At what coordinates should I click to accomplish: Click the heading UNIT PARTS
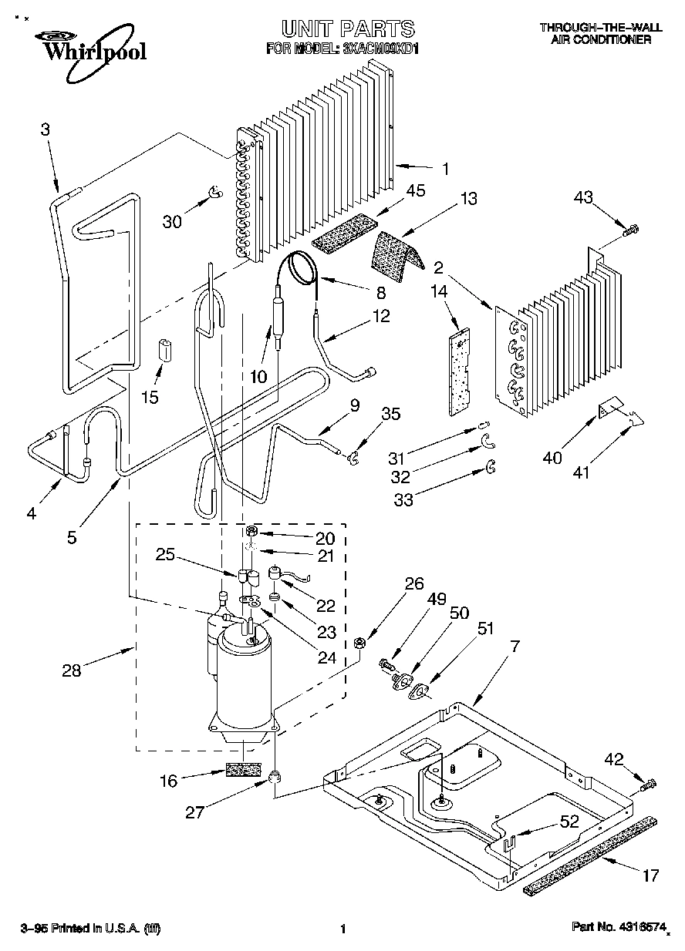coord(348,29)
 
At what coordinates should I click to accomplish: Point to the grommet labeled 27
coord(275,775)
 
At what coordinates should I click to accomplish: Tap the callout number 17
coord(650,875)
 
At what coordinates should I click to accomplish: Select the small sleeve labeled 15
coord(164,349)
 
